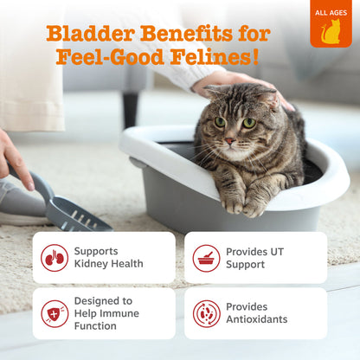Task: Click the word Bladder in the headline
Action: pyautogui.click(x=91, y=34)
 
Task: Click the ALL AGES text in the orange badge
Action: pyautogui.click(x=331, y=13)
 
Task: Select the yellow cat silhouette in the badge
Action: pyautogui.click(x=331, y=31)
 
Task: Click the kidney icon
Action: pyautogui.click(x=55, y=258)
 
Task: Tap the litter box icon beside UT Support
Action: pyautogui.click(x=206, y=258)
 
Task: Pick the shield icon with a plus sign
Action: pyautogui.click(x=55, y=313)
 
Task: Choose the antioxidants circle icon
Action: pyautogui.click(x=206, y=313)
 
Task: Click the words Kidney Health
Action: pyautogui.click(x=108, y=264)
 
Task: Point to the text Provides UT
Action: pyautogui.click(x=254, y=252)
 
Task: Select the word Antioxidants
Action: pyautogui.click(x=257, y=319)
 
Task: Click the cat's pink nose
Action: pyautogui.click(x=230, y=141)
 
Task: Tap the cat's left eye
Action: pyautogui.click(x=220, y=122)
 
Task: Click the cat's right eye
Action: pyautogui.click(x=249, y=123)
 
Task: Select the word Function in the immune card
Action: pyautogui.click(x=95, y=326)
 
